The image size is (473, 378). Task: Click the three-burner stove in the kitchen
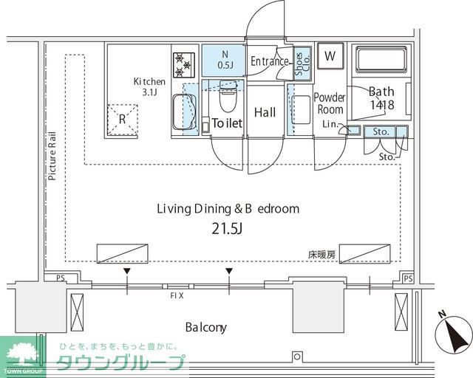(184, 64)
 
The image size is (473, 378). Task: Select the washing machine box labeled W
(330, 56)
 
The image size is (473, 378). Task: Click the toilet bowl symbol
(228, 96)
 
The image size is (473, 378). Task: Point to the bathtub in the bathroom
(381, 60)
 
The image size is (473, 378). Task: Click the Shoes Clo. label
(302, 64)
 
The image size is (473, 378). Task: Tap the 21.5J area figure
(227, 229)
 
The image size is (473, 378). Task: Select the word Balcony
(206, 327)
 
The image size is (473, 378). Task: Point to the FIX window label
(177, 296)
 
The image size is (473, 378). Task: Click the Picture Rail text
(52, 156)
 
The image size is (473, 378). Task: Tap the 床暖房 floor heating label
(321, 255)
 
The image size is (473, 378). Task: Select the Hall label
(265, 112)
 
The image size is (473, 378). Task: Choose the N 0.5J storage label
(225, 60)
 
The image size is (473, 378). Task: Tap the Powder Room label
(330, 103)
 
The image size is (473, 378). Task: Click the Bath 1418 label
(382, 98)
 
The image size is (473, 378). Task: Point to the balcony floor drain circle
(297, 357)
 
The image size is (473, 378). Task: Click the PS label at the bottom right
(408, 278)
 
